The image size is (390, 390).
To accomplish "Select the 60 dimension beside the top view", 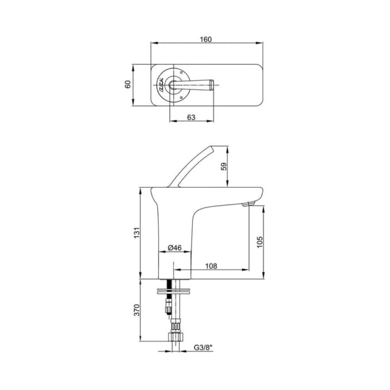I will (x=128, y=85).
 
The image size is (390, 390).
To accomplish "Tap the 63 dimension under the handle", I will (x=191, y=117).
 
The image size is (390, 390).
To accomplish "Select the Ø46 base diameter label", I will (x=174, y=248).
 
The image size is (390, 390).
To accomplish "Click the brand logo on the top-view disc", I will (x=160, y=85).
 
